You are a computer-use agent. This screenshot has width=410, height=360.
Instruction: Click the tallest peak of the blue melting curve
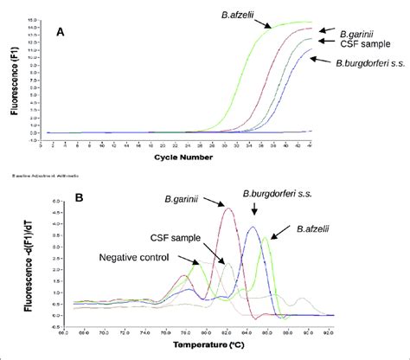(x=253, y=228)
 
